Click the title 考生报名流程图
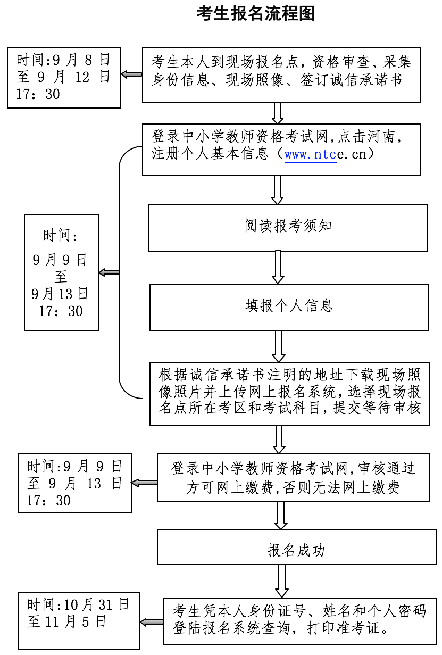click(256, 13)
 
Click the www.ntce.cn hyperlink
click(310, 155)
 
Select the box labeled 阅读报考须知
click(288, 228)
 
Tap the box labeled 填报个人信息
click(289, 307)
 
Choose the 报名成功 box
click(296, 546)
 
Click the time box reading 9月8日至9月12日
click(64, 78)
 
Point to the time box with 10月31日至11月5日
click(79, 620)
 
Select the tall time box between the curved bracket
click(62, 272)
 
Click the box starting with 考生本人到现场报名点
click(281, 74)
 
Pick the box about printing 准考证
click(299, 621)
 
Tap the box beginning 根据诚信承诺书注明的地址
click(289, 393)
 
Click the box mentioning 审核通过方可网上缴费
click(293, 477)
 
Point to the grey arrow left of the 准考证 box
click(152, 622)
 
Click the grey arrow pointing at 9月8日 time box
click(131, 74)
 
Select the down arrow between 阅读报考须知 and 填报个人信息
click(278, 268)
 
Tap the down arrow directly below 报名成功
click(281, 581)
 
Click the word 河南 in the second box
click(381, 137)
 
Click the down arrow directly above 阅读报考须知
click(277, 189)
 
